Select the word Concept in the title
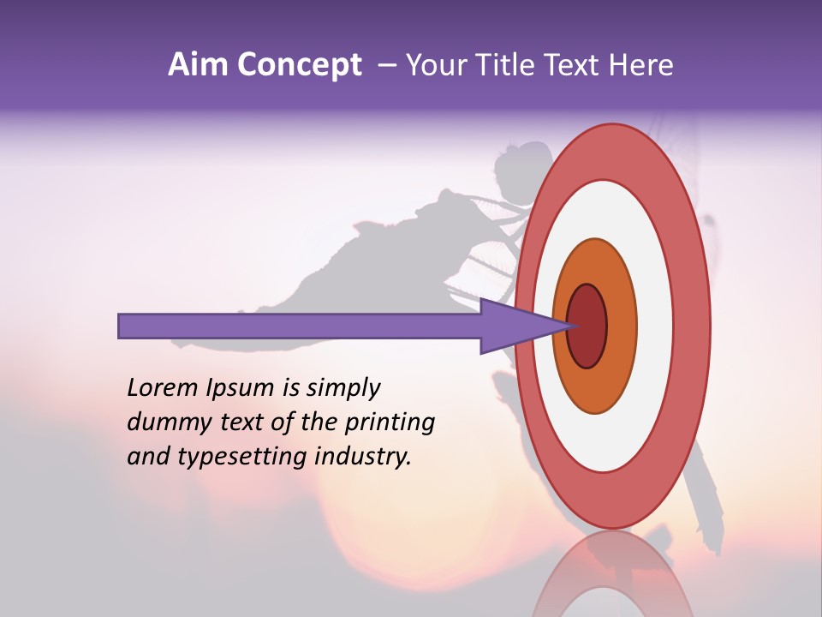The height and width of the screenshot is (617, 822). click(x=299, y=66)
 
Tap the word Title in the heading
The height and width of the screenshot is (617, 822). click(x=505, y=65)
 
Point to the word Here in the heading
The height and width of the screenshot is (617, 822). click(x=642, y=65)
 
